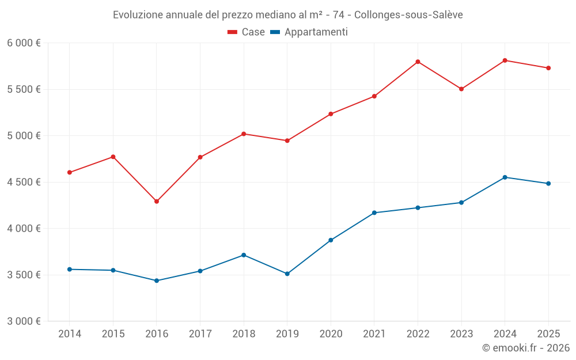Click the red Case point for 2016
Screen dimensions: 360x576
point(157,202)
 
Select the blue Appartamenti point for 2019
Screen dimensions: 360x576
point(287,274)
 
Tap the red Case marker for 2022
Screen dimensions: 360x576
point(418,62)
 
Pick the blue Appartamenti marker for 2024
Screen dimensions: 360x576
point(505,177)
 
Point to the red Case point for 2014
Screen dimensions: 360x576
point(70,172)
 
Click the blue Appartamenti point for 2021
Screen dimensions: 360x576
point(374,213)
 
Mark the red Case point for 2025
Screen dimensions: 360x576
point(548,68)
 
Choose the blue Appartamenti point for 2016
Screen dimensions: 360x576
point(157,281)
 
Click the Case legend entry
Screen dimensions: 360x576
point(247,32)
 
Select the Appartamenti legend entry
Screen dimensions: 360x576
point(309,32)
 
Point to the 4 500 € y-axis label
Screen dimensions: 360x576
point(24,182)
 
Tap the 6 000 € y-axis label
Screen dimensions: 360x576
point(24,43)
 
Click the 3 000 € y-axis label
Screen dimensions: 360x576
point(24,321)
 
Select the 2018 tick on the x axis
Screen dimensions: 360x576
point(244,334)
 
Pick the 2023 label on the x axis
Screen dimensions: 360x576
point(461,334)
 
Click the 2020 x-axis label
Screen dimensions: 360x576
point(331,334)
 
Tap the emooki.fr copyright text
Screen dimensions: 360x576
point(526,348)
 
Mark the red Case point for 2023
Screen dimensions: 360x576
point(461,89)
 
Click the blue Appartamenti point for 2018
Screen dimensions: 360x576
point(244,255)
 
